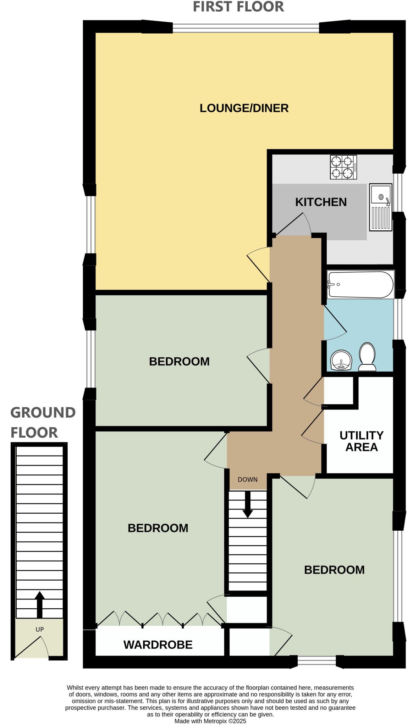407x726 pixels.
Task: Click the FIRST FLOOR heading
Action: [238, 7]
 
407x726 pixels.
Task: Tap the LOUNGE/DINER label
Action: [244, 108]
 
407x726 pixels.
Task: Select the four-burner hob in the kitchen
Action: [343, 167]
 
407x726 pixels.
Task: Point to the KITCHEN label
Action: [321, 202]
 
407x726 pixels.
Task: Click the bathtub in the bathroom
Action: [361, 285]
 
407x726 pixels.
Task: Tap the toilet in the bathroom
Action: [367, 357]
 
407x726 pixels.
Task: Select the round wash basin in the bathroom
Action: [341, 361]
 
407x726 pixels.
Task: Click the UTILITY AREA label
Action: [361, 441]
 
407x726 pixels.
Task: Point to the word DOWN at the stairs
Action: [247, 480]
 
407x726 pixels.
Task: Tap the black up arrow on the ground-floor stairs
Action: [39, 604]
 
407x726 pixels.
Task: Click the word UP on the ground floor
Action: [39, 630]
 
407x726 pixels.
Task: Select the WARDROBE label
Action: [158, 644]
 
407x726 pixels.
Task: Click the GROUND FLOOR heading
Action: [43, 422]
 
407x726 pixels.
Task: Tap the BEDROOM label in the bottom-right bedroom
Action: [334, 570]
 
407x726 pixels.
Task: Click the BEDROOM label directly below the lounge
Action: [179, 362]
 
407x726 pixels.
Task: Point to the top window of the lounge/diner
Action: [246, 27]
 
